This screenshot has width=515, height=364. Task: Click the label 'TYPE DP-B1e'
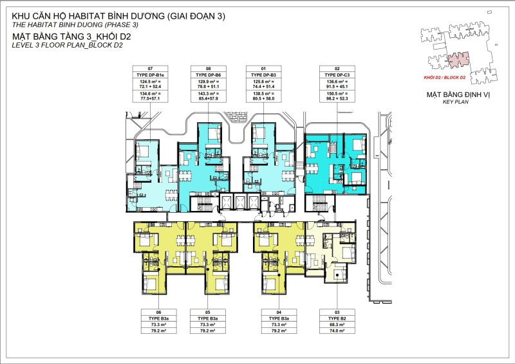click(x=151, y=75)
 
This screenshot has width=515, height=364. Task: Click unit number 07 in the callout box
click(x=151, y=68)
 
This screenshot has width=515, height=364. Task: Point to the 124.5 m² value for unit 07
click(x=151, y=82)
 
